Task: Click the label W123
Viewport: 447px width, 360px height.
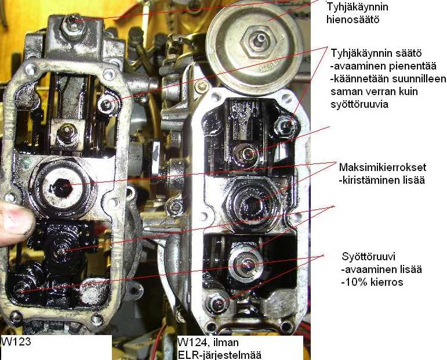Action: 16,341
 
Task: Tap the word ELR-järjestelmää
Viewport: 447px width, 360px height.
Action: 219,355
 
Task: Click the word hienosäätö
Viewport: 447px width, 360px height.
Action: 352,20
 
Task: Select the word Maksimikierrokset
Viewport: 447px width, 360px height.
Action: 383,167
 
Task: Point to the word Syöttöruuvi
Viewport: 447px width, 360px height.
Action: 368,257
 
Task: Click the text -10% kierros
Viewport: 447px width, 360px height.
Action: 372,282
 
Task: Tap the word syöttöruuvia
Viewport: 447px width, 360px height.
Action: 359,104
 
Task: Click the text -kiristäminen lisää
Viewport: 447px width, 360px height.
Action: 381,180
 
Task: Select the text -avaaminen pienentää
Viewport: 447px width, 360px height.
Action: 383,66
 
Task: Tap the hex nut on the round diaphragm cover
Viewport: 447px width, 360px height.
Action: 259,41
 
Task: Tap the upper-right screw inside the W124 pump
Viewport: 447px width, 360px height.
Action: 286,125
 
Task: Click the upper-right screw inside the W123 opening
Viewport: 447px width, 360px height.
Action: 107,104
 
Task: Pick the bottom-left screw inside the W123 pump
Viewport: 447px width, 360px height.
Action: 20,289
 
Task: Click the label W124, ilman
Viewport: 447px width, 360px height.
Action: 208,342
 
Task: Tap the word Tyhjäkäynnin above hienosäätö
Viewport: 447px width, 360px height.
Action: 357,7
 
